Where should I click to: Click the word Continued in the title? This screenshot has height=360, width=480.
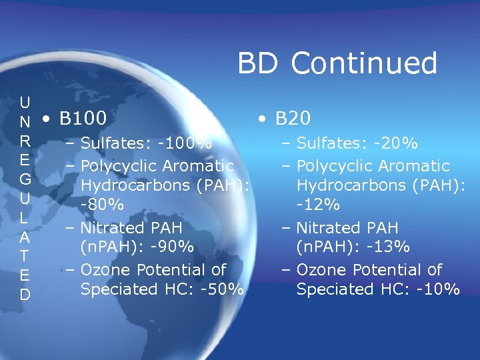[x=364, y=64]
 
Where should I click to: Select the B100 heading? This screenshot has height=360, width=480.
[x=83, y=119]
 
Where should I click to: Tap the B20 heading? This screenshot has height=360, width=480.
[x=293, y=119]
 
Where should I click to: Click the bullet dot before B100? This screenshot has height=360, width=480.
[x=44, y=120]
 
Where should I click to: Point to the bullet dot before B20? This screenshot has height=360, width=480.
[x=263, y=120]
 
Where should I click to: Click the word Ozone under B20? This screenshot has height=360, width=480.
[x=320, y=270]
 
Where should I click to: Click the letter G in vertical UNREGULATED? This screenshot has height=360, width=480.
[x=25, y=179]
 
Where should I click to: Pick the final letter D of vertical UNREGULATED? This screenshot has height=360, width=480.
[x=25, y=294]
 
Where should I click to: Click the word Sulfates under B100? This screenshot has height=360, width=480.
[x=109, y=143]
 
